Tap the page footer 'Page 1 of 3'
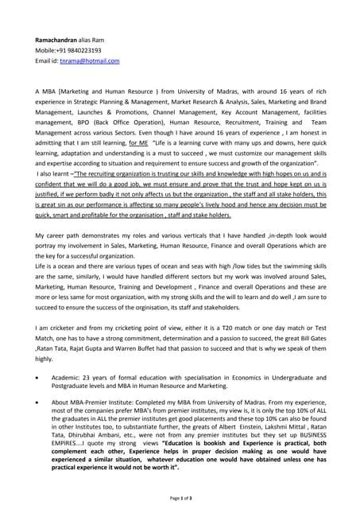tap(180, 497)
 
